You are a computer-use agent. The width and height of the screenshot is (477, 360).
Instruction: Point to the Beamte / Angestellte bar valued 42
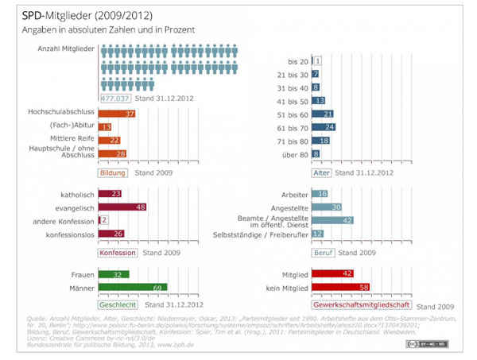coord(332,220)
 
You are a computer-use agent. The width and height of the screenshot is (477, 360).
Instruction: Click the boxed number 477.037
coord(117,99)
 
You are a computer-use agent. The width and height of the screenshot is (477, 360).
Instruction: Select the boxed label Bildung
coord(112,172)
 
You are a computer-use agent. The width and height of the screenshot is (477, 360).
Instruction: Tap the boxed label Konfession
coord(117,253)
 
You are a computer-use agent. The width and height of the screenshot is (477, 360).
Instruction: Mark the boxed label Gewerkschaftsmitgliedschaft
coord(363,304)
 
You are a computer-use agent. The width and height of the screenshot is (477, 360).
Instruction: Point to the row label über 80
coord(292,154)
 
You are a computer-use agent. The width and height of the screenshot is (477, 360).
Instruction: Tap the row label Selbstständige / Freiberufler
coord(262,234)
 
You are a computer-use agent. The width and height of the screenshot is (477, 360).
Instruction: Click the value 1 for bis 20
coord(318,60)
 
